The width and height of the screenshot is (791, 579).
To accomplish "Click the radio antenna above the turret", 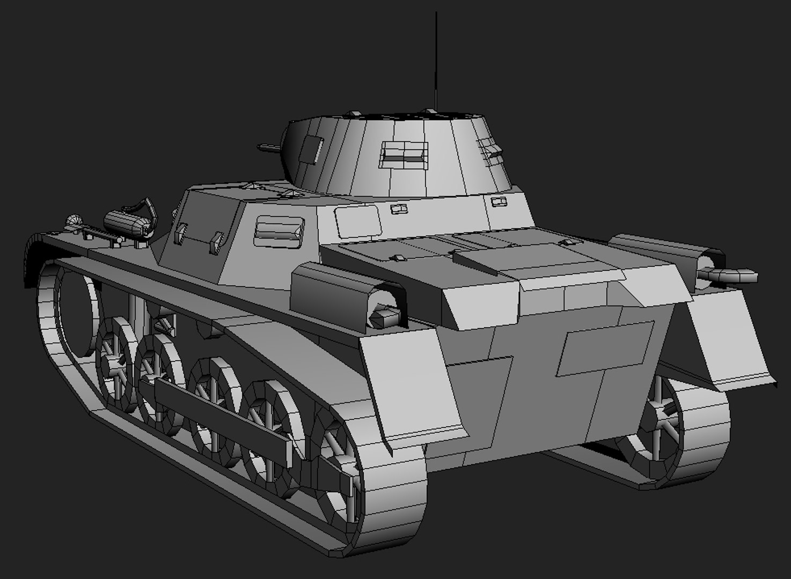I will pyautogui.click(x=436, y=59).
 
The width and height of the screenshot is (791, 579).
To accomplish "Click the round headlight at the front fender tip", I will pyautogui.click(x=74, y=220).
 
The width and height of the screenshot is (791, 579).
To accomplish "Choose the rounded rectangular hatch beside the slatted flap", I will pyautogui.click(x=357, y=221).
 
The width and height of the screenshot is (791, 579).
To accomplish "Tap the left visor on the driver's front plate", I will pyautogui.click(x=180, y=231).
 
